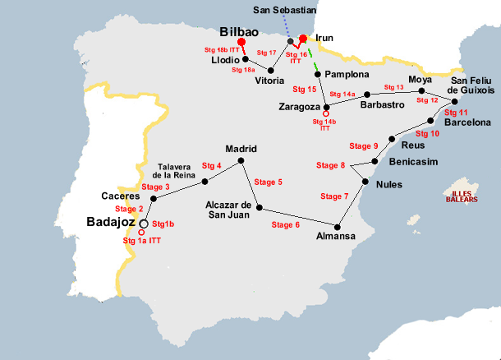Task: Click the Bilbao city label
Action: click(x=240, y=30)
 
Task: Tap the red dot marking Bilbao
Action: click(x=241, y=42)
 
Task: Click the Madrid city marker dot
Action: click(x=241, y=162)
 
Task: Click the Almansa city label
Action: click(x=336, y=237)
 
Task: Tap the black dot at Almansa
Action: click(x=338, y=225)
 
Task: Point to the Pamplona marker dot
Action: click(x=317, y=74)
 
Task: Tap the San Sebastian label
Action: click(x=284, y=10)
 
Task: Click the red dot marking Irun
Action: click(x=303, y=39)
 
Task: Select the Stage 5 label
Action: click(x=269, y=182)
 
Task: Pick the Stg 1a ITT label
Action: click(x=141, y=241)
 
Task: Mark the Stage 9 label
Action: click(x=364, y=145)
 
